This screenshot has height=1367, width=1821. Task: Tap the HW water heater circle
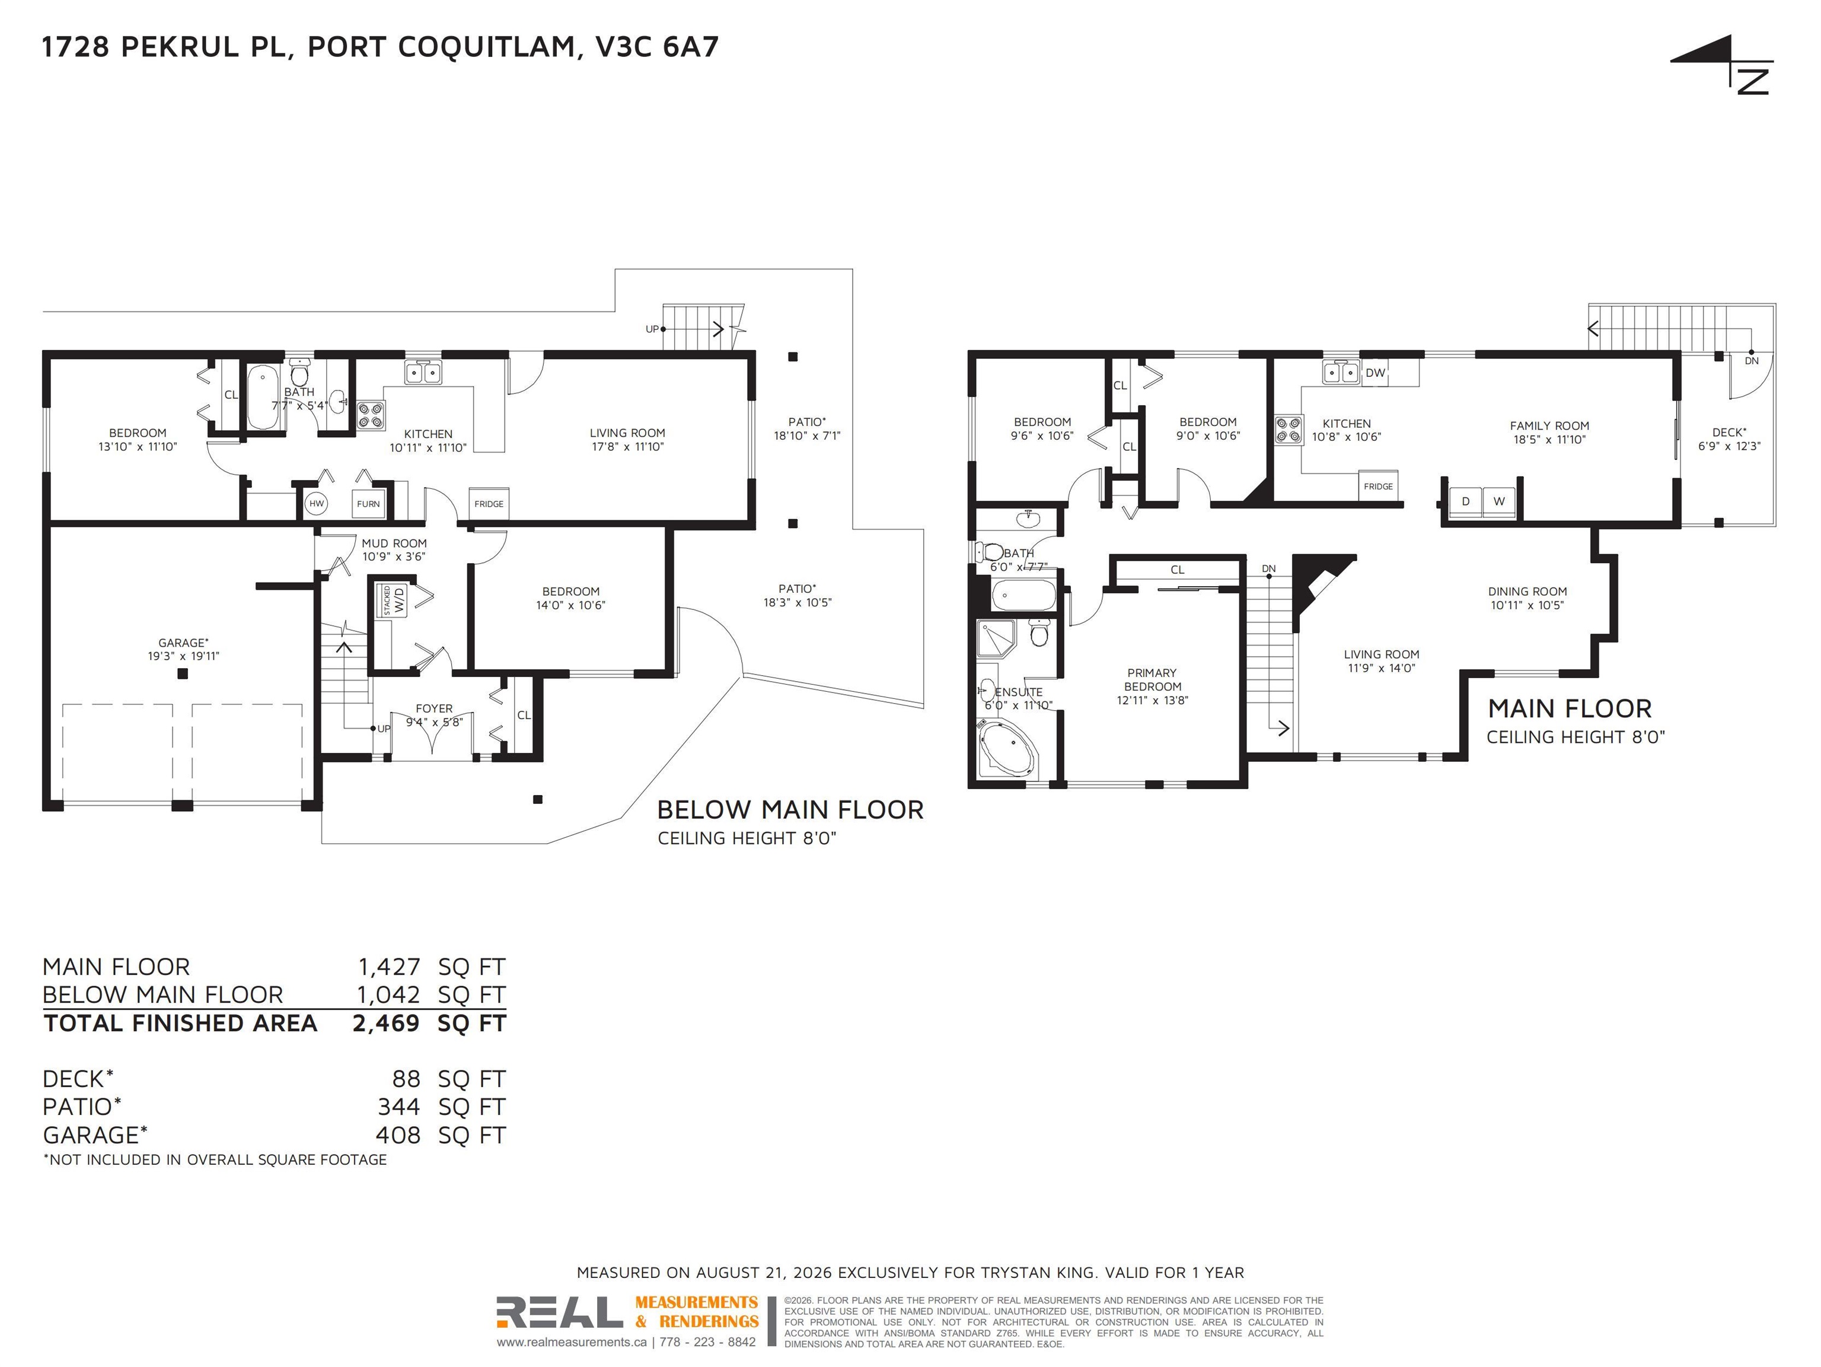pyautogui.click(x=317, y=503)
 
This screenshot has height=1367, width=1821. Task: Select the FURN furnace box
pyautogui.click(x=368, y=504)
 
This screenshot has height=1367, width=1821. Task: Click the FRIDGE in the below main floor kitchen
pyautogui.click(x=489, y=504)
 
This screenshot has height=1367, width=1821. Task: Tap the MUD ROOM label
pyautogui.click(x=394, y=543)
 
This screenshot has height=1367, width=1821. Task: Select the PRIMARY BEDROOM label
pyautogui.click(x=1153, y=679)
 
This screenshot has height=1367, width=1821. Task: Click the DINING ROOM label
pyautogui.click(x=1527, y=592)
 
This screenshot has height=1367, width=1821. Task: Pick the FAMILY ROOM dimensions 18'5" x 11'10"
pyautogui.click(x=1549, y=440)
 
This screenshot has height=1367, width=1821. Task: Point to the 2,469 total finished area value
pyautogui.click(x=386, y=1023)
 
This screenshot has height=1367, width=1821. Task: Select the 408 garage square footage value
pyautogui.click(x=398, y=1135)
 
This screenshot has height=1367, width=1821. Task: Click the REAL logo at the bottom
pyautogui.click(x=559, y=1312)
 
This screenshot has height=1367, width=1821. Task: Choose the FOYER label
pyautogui.click(x=434, y=708)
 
